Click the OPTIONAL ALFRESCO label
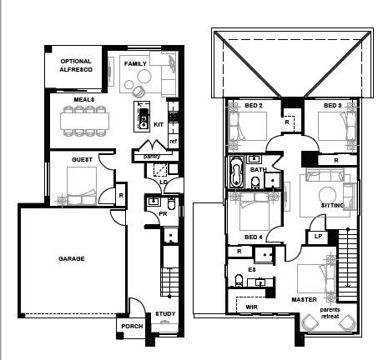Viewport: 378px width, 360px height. pos(76,66)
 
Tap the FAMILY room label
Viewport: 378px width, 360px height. pos(135,63)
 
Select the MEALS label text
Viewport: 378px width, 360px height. pos(83,99)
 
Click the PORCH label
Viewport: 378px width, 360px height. pos(132,326)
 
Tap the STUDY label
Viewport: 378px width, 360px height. pos(165,314)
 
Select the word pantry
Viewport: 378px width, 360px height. pos(151,156)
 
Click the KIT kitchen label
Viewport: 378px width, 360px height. pos(159,124)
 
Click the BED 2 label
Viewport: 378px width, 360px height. pos(254,106)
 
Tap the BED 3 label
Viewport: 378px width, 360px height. pos(332,106)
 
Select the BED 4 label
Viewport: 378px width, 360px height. pos(254,237)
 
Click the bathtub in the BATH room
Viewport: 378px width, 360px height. pos(235,175)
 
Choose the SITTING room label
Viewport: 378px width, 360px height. pos(333,204)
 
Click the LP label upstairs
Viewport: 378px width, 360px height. pos(318,236)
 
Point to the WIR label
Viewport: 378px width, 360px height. pos(251,307)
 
